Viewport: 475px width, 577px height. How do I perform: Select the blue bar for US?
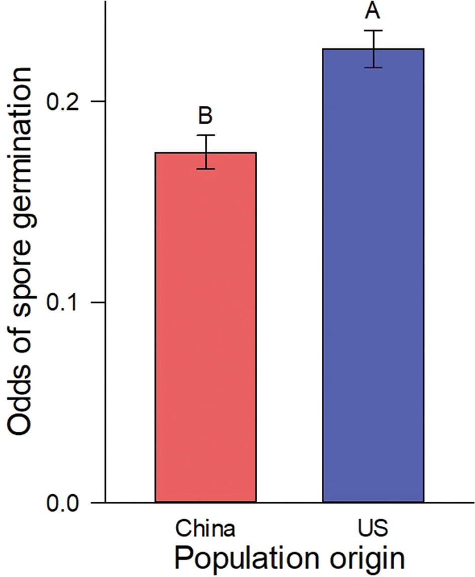click(373, 275)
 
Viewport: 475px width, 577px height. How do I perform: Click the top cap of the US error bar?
click(374, 31)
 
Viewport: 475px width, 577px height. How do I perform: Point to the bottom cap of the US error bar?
click(374, 67)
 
